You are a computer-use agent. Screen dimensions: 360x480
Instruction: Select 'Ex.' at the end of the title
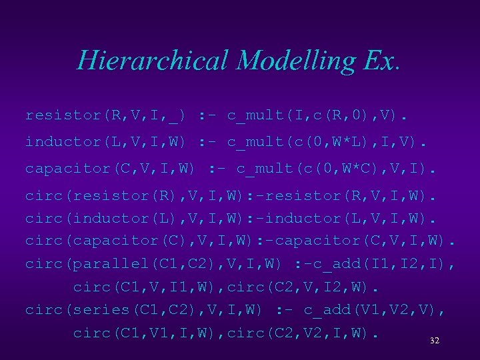tap(382, 61)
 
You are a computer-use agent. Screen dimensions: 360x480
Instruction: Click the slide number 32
tap(435, 341)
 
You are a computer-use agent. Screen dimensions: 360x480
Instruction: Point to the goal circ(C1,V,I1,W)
tap(147, 287)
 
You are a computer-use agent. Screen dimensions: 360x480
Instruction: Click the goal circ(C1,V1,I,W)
tap(147, 333)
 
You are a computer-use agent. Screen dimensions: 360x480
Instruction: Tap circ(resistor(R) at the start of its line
tap(87, 196)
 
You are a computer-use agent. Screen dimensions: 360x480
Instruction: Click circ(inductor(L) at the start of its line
tap(87, 219)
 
